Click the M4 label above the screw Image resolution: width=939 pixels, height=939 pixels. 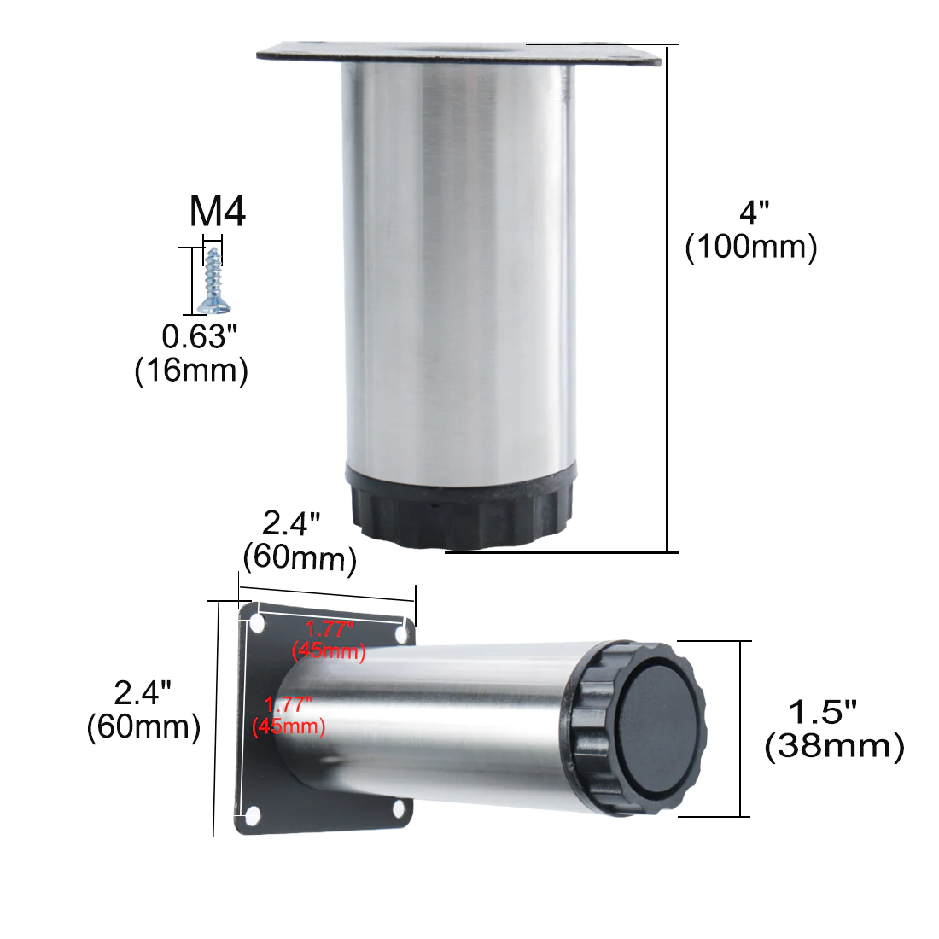tap(218, 212)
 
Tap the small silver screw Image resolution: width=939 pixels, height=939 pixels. tap(214, 281)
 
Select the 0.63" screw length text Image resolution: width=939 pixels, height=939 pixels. tap(200, 336)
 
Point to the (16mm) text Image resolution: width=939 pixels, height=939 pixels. tap(191, 370)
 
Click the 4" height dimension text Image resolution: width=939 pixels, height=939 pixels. tap(754, 213)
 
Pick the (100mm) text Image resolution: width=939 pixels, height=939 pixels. tap(751, 247)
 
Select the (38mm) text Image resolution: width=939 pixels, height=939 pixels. tap(834, 746)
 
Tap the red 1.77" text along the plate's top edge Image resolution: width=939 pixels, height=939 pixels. tap(330, 629)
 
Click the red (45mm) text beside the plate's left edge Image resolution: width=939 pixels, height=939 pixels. tap(289, 726)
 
